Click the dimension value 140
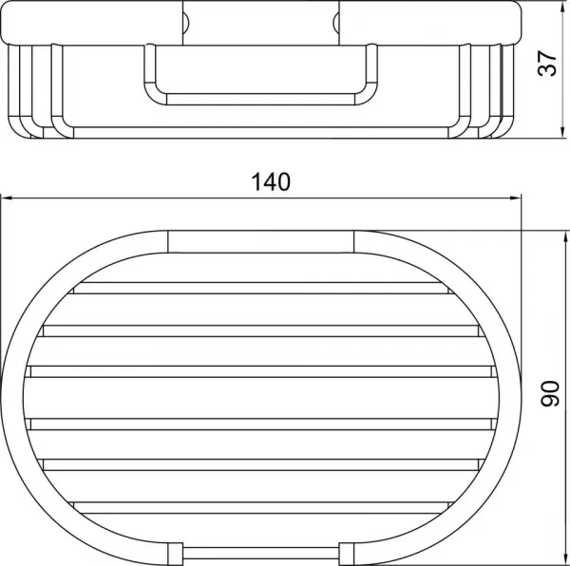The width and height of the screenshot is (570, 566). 271,181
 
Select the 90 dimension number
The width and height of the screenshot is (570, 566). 550,393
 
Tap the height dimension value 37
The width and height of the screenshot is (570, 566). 547,64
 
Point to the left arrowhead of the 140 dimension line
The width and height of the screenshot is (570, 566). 7,198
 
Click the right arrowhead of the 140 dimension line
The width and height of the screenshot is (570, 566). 515,198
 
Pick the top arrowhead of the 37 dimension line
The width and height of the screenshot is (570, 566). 562,7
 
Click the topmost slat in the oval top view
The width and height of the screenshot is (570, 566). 261,288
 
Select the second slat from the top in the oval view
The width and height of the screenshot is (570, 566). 261,330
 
